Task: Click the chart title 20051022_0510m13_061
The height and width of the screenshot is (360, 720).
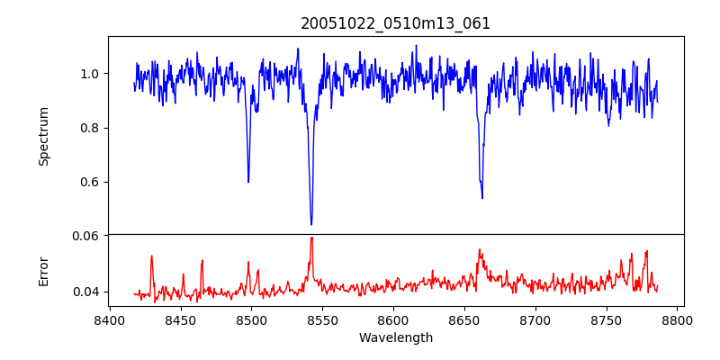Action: click(395, 23)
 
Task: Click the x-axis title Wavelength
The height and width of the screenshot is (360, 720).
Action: click(395, 337)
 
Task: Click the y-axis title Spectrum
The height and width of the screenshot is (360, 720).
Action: click(43, 136)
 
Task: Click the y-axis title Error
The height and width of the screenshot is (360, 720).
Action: click(43, 270)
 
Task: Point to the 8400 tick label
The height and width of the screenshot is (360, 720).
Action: click(109, 319)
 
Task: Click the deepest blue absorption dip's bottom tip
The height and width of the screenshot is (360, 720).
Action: click(311, 224)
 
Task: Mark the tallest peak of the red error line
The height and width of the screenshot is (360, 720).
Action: click(311, 238)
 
